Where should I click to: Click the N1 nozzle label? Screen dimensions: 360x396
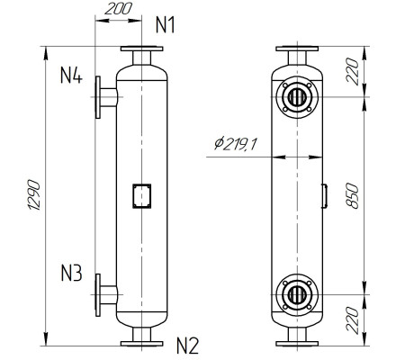[165, 24]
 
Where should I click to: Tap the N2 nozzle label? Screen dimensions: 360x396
[186, 344]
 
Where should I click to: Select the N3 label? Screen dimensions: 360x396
[73, 272]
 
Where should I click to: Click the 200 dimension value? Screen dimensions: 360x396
[117, 10]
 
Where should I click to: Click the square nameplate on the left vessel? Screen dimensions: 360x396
[142, 194]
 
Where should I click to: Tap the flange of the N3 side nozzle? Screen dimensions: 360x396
[98, 293]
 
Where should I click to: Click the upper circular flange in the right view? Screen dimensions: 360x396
[296, 96]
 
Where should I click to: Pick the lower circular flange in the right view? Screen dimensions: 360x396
[296, 293]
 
